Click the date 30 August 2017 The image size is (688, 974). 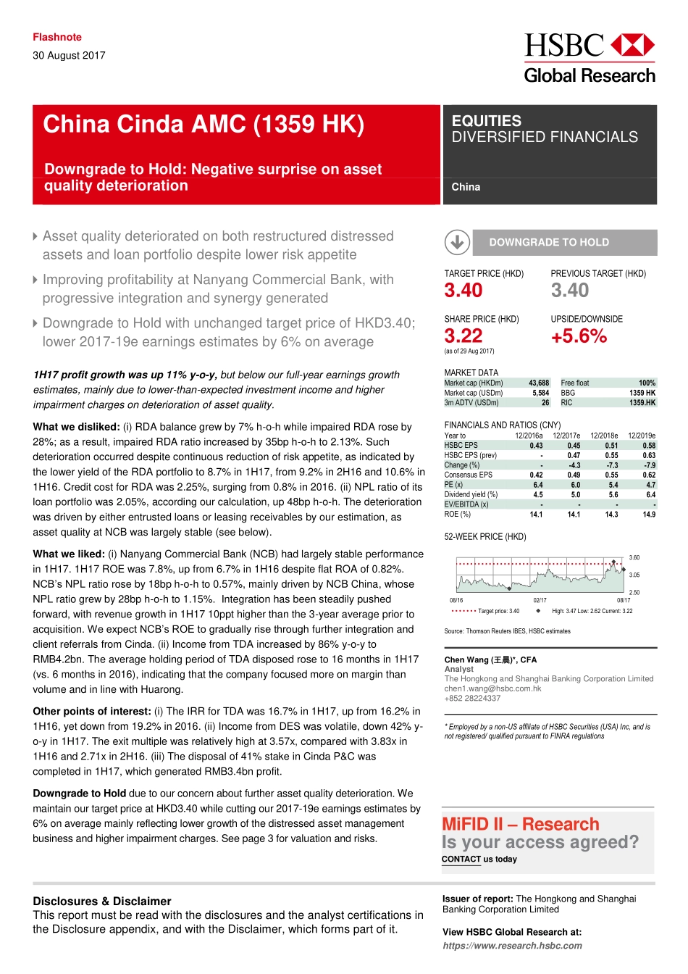click(x=69, y=55)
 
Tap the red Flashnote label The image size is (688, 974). click(x=56, y=37)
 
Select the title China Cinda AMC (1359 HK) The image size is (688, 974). click(x=204, y=125)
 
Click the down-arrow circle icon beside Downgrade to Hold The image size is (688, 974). click(x=457, y=242)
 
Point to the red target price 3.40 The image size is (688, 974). click(x=463, y=291)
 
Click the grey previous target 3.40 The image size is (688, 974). click(x=570, y=291)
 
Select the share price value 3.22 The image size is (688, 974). click(x=463, y=336)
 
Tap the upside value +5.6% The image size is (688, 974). click(x=579, y=336)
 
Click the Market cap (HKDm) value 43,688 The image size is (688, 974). click(x=539, y=383)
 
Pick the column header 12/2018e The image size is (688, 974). click(x=604, y=436)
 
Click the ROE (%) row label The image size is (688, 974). click(x=458, y=514)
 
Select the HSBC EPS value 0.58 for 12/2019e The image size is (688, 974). click(x=649, y=446)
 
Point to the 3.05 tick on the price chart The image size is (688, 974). click(x=634, y=575)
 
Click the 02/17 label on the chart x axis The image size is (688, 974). click(x=540, y=600)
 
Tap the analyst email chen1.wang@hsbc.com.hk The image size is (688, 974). click(x=492, y=688)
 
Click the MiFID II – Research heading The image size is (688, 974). click(x=521, y=824)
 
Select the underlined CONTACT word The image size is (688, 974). click(x=461, y=859)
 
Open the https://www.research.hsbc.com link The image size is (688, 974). click(x=512, y=945)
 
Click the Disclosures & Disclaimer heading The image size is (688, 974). click(x=102, y=901)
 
